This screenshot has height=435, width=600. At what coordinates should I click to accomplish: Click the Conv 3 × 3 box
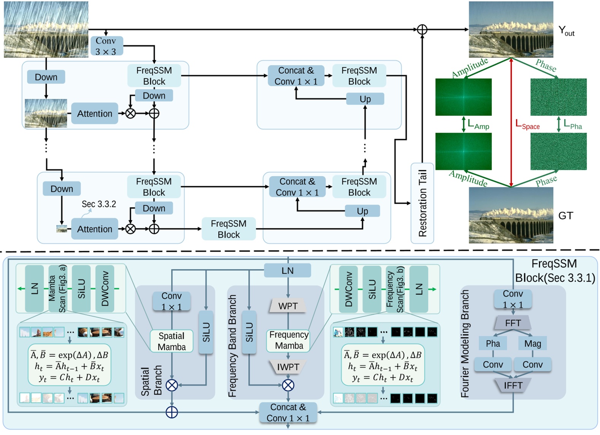(106, 46)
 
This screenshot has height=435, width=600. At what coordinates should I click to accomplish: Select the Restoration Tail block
(422, 203)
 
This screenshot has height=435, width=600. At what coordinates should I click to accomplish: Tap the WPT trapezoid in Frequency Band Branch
(288, 306)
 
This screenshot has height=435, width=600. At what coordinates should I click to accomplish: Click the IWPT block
(288, 367)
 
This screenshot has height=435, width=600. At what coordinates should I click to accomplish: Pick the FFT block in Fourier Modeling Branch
(513, 323)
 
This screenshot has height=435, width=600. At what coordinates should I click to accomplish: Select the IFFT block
(513, 385)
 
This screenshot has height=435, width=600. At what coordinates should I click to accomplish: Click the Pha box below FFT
(493, 343)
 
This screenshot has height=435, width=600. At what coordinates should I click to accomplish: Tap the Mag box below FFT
(532, 343)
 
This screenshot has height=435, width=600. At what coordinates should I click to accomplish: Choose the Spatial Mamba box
(171, 341)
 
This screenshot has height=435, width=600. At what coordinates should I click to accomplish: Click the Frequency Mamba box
(289, 340)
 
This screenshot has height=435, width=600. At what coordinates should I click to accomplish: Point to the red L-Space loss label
(527, 124)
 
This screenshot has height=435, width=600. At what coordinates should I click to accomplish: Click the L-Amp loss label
(478, 124)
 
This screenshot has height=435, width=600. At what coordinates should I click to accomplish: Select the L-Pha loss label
(572, 124)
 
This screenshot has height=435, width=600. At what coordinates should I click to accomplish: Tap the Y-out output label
(566, 31)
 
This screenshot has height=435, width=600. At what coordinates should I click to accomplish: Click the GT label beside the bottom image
(565, 216)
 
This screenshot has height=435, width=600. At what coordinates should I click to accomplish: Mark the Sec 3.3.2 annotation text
(99, 204)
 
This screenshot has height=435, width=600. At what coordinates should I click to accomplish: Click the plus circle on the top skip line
(422, 29)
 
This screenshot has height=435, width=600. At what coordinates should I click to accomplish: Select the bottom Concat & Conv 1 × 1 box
(288, 413)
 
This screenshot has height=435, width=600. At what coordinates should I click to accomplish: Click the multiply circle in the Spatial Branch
(172, 385)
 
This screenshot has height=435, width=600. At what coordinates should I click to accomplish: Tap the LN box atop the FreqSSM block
(287, 270)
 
